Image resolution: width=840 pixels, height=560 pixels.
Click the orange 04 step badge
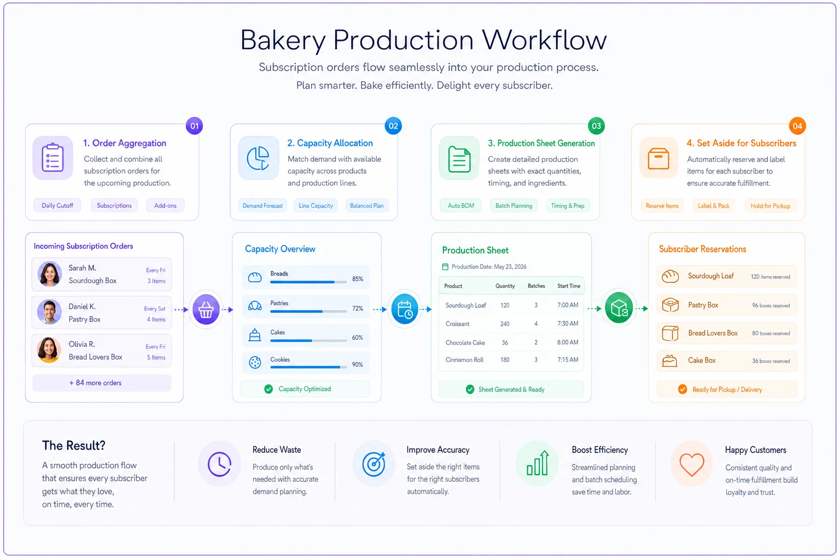click(x=797, y=126)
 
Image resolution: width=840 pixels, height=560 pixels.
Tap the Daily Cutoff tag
click(x=57, y=206)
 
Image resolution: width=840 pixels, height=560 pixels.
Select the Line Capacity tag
click(x=316, y=206)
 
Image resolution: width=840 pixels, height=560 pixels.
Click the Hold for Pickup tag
click(x=770, y=206)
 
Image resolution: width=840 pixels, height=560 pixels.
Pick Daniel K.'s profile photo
click(x=50, y=312)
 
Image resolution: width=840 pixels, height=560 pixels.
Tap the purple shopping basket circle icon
click(x=206, y=310)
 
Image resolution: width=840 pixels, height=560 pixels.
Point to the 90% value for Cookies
click(x=357, y=365)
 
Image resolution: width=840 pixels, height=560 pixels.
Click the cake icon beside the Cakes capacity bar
click(x=255, y=335)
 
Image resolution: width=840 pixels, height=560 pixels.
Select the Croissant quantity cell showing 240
click(x=505, y=324)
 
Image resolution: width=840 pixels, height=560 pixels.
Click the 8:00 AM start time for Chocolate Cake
click(x=568, y=342)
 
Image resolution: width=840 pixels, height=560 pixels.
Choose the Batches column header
click(x=536, y=286)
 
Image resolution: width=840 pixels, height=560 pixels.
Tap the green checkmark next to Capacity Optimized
click(x=269, y=389)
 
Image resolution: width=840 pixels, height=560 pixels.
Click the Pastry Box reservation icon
click(x=670, y=305)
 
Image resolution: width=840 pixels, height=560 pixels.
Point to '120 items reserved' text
click(x=770, y=277)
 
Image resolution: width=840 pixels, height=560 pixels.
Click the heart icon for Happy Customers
click(x=692, y=464)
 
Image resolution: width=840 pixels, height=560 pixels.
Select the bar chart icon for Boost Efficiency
click(x=538, y=464)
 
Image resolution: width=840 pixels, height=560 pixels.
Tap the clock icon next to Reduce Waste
click(x=219, y=464)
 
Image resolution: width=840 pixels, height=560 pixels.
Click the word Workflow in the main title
click(x=545, y=40)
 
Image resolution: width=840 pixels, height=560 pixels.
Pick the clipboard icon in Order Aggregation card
click(x=52, y=158)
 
